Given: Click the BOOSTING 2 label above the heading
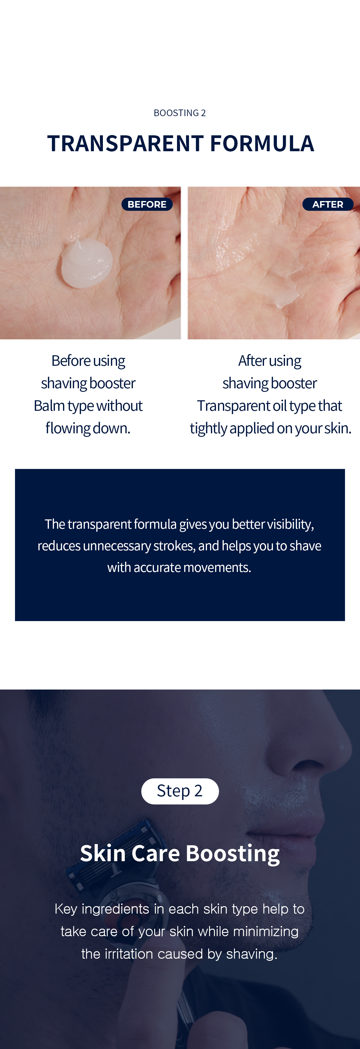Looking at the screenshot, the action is coord(180,113).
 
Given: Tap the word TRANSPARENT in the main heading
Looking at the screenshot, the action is coord(125,143).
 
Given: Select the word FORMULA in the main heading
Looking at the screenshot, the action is coord(262,143).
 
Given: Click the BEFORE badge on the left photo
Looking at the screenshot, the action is coord(147,204).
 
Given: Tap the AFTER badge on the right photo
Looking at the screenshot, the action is coord(328,204).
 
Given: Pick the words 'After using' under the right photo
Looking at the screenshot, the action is coord(270,361).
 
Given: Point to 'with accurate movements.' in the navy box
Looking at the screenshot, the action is coord(179,567).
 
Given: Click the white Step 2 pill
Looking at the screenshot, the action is coord(180,791).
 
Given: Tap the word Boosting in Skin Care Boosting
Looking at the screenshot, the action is coord(233,854).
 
